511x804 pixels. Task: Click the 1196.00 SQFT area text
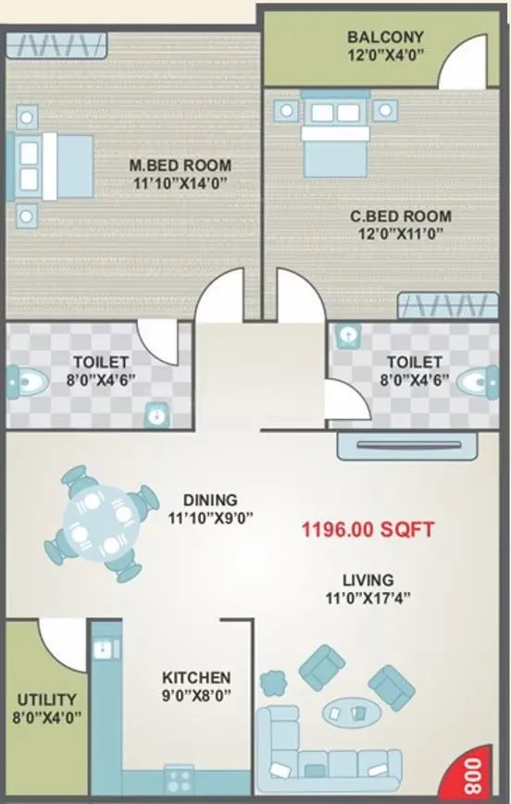point(368,531)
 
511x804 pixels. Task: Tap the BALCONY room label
point(385,37)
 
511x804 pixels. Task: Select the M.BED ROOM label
point(180,166)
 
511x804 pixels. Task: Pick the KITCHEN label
point(196,678)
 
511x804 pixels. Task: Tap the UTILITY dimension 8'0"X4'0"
point(45,717)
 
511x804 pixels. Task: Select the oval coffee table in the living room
point(347,711)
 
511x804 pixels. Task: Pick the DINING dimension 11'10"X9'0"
point(210,518)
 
